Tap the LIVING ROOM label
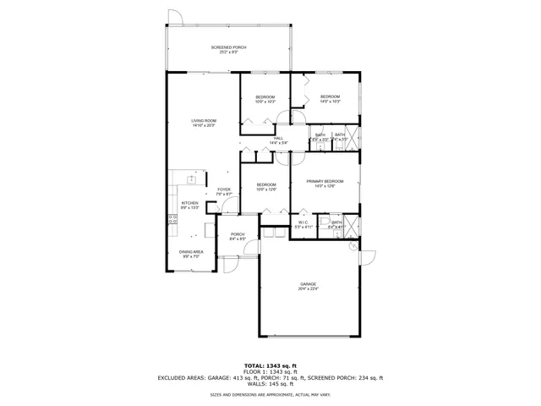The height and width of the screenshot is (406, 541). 204,123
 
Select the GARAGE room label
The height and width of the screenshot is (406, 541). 308,286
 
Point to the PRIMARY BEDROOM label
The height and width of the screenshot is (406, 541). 325,183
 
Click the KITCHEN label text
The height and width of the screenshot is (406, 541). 189,205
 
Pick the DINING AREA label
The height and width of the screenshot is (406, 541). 190,253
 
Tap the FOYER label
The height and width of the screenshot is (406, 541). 223,191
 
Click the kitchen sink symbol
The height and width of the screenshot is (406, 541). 192,178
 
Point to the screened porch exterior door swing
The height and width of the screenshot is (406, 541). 174,17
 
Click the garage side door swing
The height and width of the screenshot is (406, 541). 368,255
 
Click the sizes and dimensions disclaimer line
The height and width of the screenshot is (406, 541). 270,394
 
